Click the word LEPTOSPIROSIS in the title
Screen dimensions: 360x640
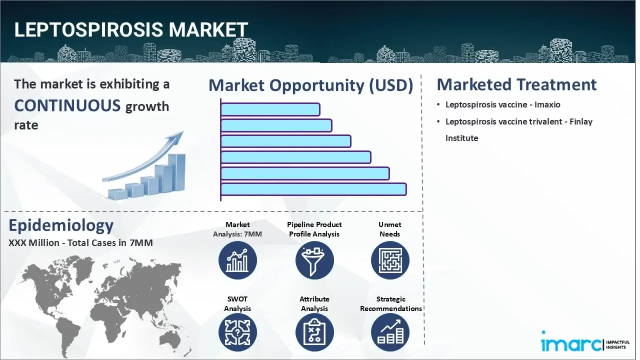(88, 30)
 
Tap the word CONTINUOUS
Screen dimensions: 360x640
(67, 105)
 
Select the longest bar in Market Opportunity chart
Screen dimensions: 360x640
(313, 189)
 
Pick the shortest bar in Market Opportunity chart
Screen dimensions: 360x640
(270, 109)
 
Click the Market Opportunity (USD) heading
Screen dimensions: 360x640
(310, 85)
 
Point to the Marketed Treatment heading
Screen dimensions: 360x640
(516, 84)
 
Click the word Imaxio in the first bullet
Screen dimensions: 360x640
(547, 105)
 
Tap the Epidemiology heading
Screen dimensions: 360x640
(61, 226)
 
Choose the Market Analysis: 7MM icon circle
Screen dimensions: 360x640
(237, 260)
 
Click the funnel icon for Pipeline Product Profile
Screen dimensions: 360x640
(314, 260)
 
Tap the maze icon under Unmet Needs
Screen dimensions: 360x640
(390, 260)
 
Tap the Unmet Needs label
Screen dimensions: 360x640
(390, 229)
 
